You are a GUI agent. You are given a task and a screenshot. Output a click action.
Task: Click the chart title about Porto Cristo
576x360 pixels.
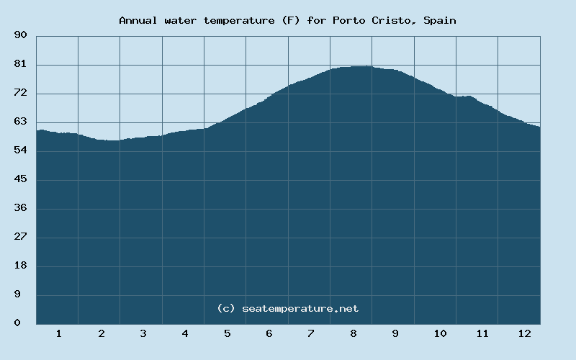click(287, 20)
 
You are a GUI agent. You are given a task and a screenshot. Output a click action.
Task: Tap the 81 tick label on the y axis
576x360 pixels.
click(20, 64)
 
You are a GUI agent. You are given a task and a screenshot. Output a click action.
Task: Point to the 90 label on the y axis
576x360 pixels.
click(20, 35)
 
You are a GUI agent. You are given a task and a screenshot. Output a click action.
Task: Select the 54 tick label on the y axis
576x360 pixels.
click(20, 150)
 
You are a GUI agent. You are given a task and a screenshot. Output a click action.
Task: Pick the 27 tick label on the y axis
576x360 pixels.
click(20, 237)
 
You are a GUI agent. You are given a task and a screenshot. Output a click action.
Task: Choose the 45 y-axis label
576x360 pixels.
click(20, 179)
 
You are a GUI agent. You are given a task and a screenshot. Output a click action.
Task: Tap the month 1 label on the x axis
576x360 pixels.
click(58, 333)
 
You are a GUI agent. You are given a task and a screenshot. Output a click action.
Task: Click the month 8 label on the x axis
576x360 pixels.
click(354, 333)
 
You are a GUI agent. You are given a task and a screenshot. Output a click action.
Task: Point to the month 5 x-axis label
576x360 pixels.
click(227, 333)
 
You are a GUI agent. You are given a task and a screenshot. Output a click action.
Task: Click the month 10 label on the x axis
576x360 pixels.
click(440, 333)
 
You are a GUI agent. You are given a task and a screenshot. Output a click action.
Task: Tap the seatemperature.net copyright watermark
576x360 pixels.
click(287, 308)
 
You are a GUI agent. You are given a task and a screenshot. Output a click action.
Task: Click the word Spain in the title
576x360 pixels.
click(439, 20)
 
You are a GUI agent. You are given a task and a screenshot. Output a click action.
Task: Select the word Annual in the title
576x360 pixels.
click(138, 20)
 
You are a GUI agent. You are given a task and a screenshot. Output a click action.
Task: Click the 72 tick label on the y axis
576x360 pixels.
click(20, 93)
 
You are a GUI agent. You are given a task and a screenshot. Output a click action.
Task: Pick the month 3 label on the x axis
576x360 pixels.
click(143, 333)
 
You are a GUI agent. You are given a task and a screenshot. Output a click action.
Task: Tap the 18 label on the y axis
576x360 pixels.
click(20, 266)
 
